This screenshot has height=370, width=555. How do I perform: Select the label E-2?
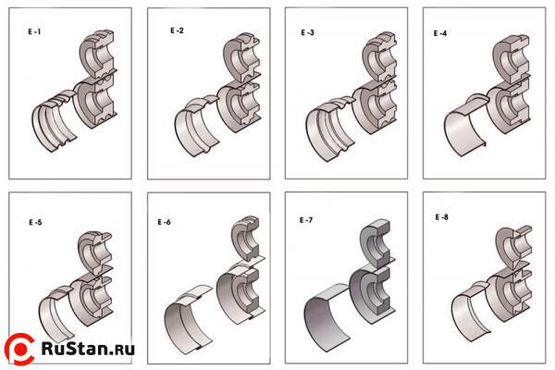pyautogui.click(x=177, y=31)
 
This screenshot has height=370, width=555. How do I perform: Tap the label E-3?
pyautogui.click(x=308, y=32)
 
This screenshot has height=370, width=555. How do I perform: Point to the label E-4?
pyautogui.click(x=441, y=32)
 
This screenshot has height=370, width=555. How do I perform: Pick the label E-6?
pyautogui.click(x=164, y=222)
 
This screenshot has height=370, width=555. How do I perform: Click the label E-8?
pyautogui.click(x=442, y=216)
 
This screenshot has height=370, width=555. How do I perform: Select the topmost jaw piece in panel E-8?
pyautogui.click(x=512, y=244)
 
